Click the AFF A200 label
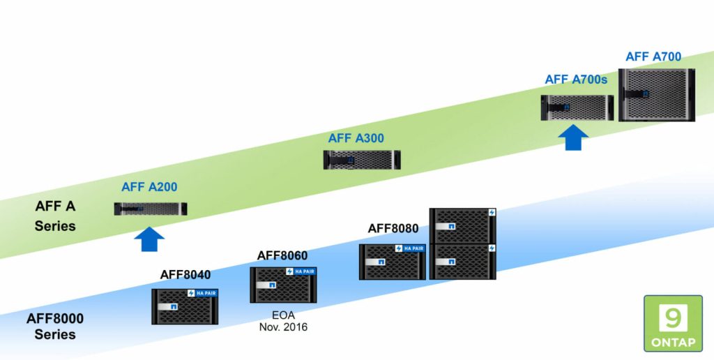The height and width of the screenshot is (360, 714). coord(149,187)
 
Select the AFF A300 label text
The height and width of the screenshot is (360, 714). coord(356,138)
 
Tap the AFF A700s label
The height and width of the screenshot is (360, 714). coord(576,80)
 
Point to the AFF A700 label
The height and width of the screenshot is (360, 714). coord(653,57)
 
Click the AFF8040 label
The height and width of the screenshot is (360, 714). coord(185,274)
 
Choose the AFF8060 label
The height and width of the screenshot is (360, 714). coord(282,255)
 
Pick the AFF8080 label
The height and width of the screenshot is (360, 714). coord(393,228)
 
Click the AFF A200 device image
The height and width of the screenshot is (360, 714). coord(151,208)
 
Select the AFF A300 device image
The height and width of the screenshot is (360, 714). coord(361,160)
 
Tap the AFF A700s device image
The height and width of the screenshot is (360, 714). coord(576,107)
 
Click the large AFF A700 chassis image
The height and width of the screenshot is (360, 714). coord(657,94)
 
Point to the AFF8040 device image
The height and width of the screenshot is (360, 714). coord(185,306)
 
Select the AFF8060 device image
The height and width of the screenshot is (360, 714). coord(283,285)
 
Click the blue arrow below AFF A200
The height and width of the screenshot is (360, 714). coord(149,239)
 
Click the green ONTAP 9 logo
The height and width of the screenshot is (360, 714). coord(673,322)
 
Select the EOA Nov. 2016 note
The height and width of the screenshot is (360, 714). coord(283,321)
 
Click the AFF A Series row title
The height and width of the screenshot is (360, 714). coord(55,216)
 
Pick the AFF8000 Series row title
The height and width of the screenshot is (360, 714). coord(55,327)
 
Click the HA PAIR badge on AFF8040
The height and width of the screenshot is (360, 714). coord(202,293)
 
